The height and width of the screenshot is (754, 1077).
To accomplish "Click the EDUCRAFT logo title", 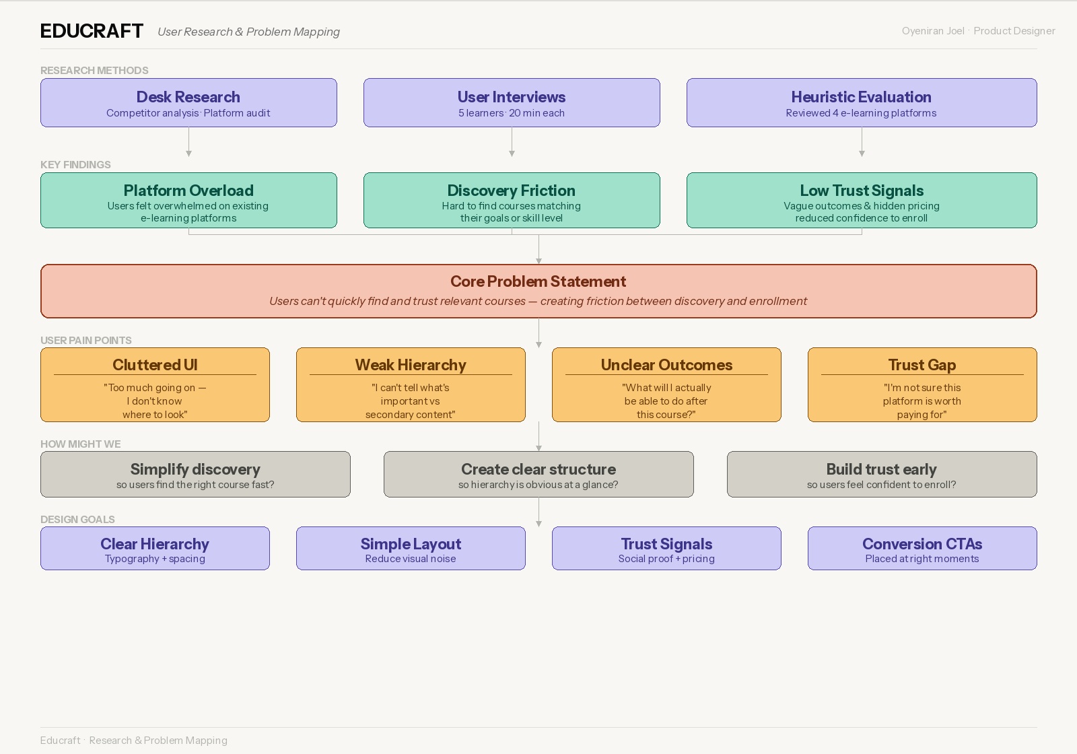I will click(92, 31).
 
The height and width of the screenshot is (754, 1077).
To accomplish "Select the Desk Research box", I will click(188, 103).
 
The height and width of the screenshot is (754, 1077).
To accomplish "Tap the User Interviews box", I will click(512, 103).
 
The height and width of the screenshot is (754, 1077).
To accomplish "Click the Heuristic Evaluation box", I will click(862, 103).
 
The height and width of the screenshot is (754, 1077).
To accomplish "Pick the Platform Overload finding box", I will click(188, 201).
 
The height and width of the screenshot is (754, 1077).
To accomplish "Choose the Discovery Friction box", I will click(512, 201).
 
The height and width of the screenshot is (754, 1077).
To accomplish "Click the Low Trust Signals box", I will click(862, 201).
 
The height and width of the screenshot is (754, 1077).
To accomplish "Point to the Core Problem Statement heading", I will click(538, 281).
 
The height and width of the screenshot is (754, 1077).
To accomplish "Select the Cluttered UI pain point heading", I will click(155, 365).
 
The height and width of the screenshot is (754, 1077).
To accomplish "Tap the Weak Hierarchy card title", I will click(411, 365).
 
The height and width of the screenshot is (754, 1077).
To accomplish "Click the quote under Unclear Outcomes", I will click(666, 401).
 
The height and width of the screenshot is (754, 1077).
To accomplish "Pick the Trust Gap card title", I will click(922, 365).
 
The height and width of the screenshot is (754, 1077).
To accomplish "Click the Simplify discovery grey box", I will click(195, 475).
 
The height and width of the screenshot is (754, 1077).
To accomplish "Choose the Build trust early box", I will click(882, 475).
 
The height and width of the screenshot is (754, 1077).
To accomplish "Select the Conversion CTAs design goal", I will click(922, 549).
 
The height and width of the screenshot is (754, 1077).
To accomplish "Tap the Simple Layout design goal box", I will click(411, 549).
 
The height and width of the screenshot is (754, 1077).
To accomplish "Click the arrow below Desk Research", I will click(188, 143).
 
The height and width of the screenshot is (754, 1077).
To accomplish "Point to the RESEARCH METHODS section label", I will click(94, 70).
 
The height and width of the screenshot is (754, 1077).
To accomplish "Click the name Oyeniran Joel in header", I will click(933, 31).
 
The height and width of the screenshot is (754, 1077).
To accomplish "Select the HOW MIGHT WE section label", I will click(81, 444).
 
